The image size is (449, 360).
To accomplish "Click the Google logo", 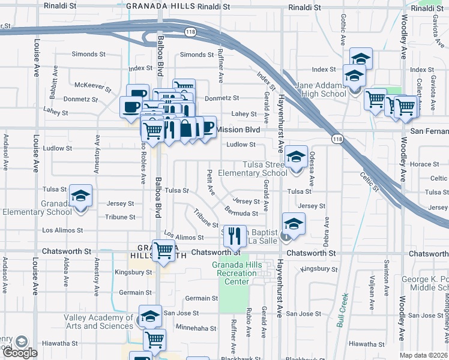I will pos(19,353).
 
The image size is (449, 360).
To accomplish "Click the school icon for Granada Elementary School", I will pos(80,196).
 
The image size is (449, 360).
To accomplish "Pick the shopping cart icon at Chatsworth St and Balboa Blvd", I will pos(163,250).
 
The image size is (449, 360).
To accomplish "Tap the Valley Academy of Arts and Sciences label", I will pos(99,322).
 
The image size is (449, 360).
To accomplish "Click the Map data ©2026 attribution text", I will pos(424,355).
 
